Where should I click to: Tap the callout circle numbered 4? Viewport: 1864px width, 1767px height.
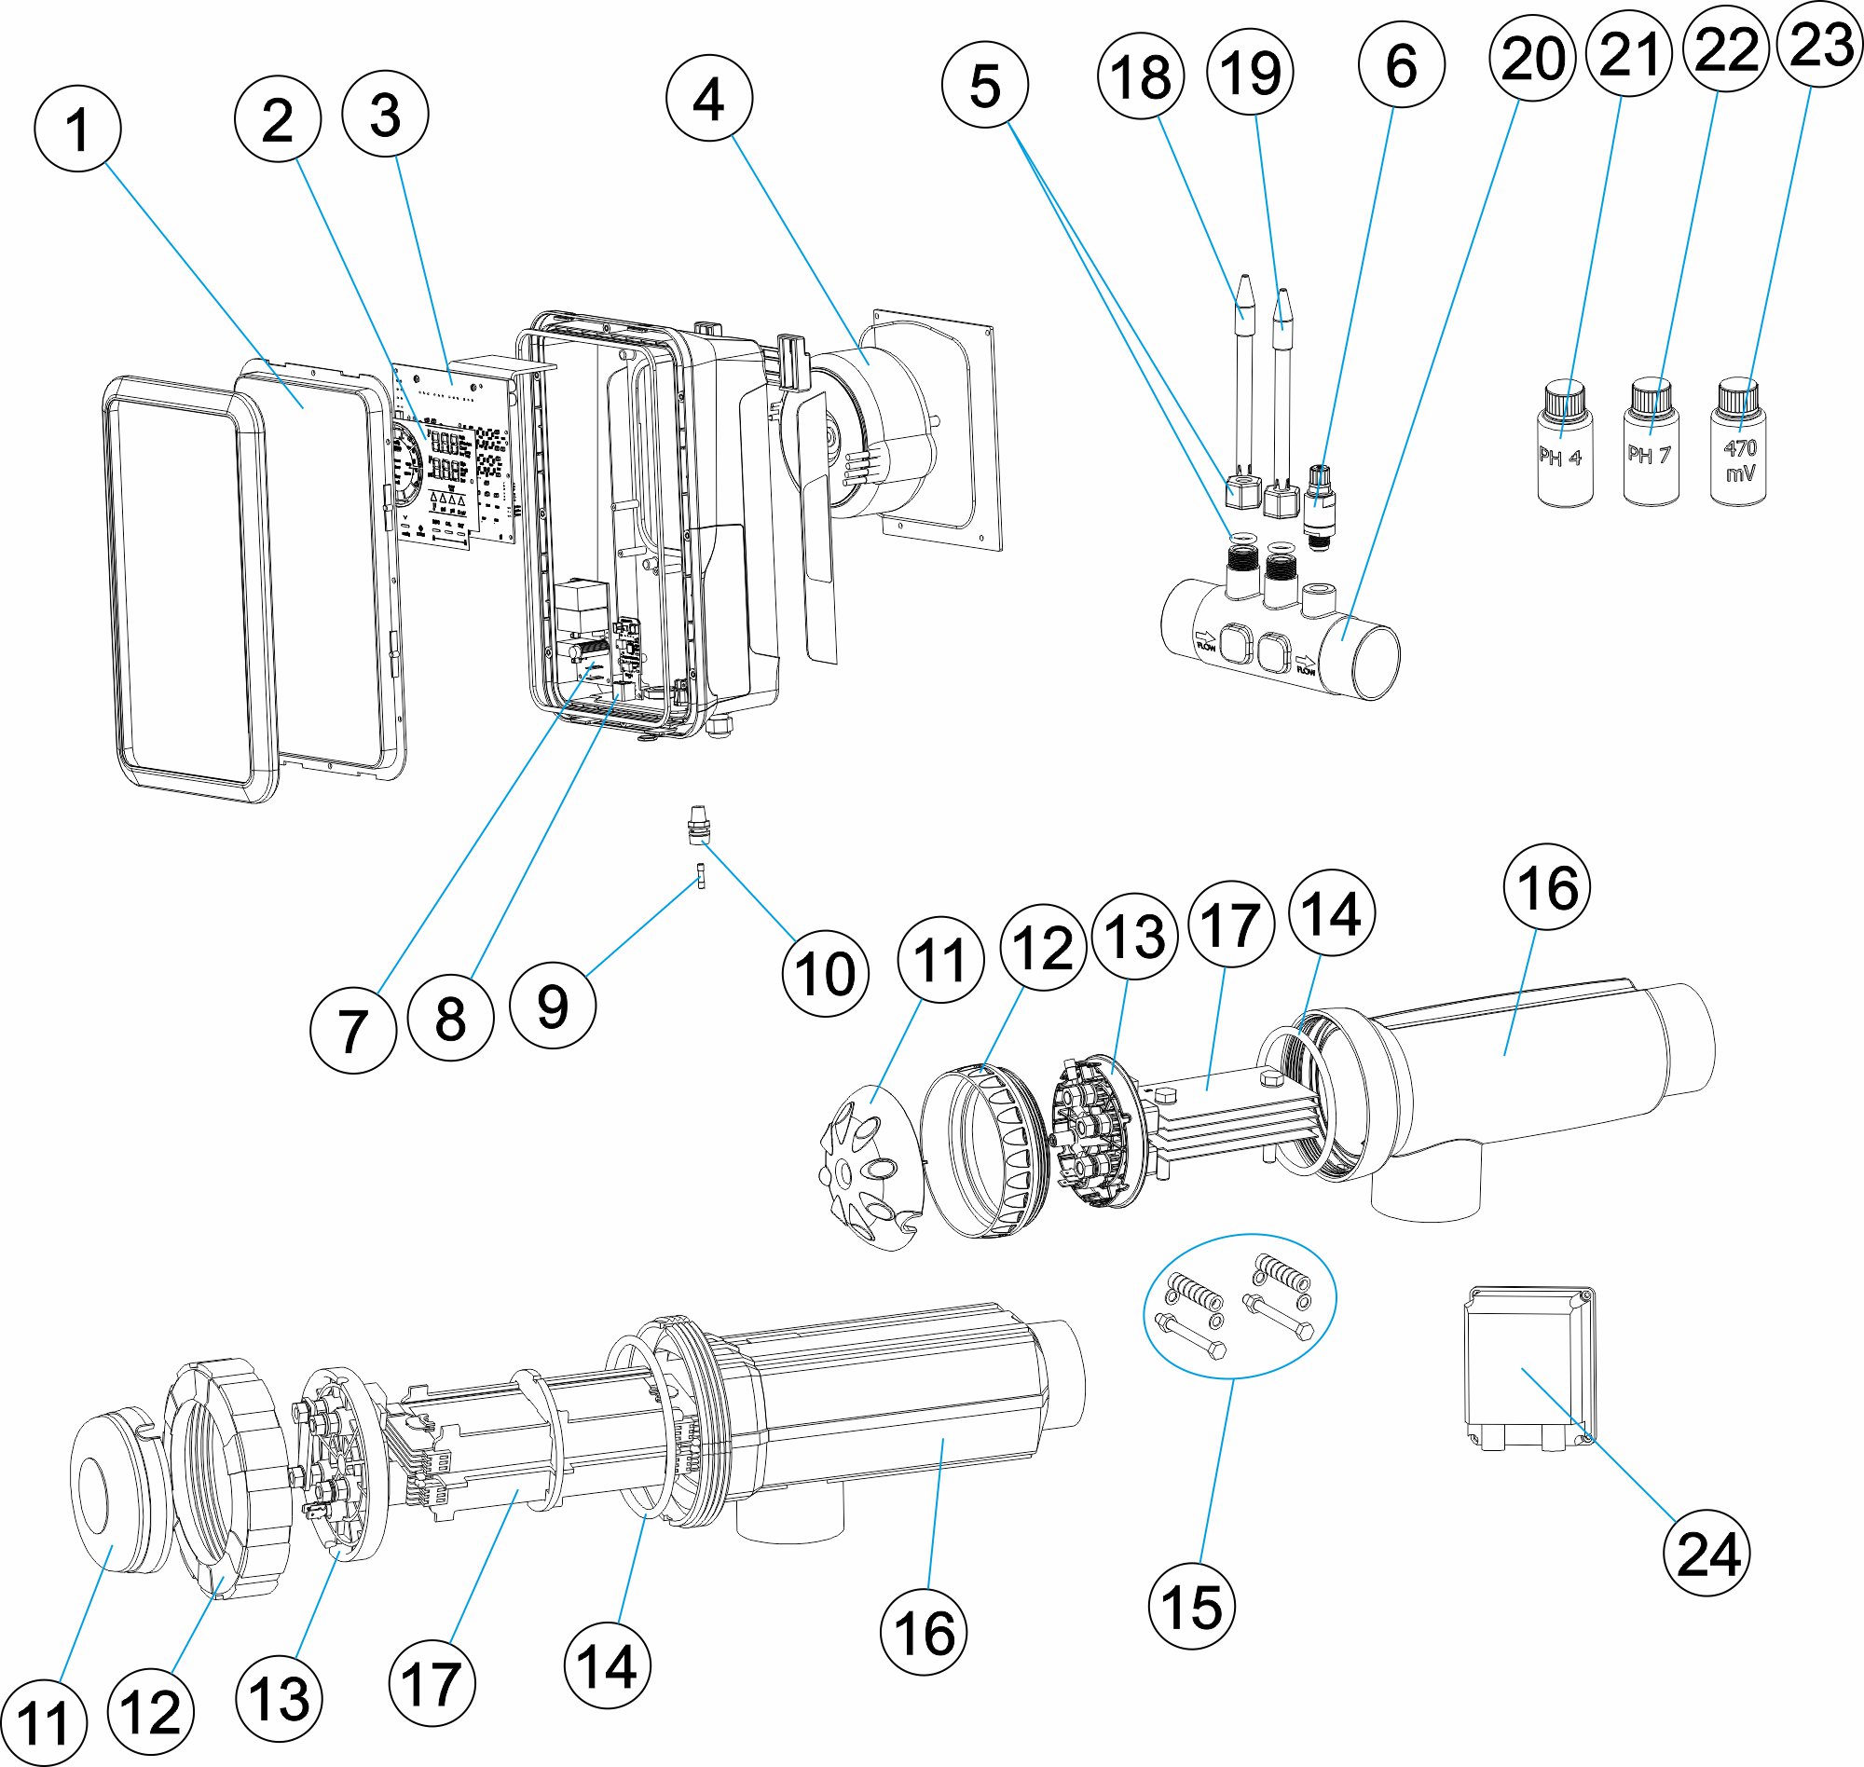tap(708, 98)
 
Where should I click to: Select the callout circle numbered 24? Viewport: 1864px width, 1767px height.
tap(1707, 1553)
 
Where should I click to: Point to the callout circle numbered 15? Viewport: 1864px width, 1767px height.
tap(1191, 1606)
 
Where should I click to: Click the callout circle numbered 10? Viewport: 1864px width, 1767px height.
tap(825, 973)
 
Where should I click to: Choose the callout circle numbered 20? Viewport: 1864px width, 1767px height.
tap(1532, 58)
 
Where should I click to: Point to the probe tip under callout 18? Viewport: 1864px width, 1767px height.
tap(1244, 296)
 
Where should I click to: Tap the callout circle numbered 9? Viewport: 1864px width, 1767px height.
tap(552, 1005)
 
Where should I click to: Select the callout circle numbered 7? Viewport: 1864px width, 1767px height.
tap(352, 1031)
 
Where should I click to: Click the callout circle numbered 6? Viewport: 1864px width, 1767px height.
tap(1401, 65)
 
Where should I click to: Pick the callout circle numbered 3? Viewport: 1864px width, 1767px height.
tap(385, 115)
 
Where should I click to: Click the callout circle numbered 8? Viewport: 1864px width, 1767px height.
tap(450, 1019)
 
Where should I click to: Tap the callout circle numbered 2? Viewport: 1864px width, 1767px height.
tap(277, 119)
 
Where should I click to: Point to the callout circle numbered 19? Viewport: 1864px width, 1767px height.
tap(1249, 72)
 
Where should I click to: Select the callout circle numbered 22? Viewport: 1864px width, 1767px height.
tap(1724, 49)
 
